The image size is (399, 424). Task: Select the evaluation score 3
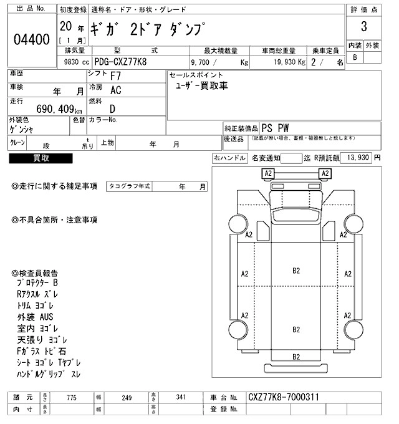363,28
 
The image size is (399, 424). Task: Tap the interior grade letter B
355,57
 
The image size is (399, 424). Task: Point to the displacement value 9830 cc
73,62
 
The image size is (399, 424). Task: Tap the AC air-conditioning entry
115,90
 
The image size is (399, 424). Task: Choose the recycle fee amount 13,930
357,158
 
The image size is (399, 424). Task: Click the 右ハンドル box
229,158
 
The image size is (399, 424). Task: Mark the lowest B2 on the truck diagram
297,356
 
